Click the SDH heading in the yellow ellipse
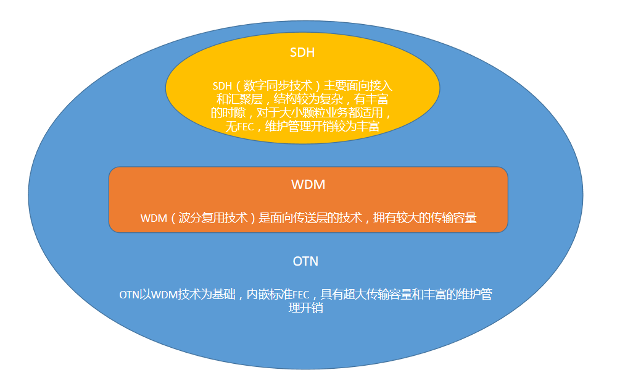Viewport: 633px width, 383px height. click(302, 53)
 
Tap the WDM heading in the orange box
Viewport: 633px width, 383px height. click(308, 185)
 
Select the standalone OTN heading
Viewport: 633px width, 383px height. click(305, 261)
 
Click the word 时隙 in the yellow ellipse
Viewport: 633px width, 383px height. click(236, 113)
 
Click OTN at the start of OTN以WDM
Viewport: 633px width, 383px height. click(129, 295)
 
